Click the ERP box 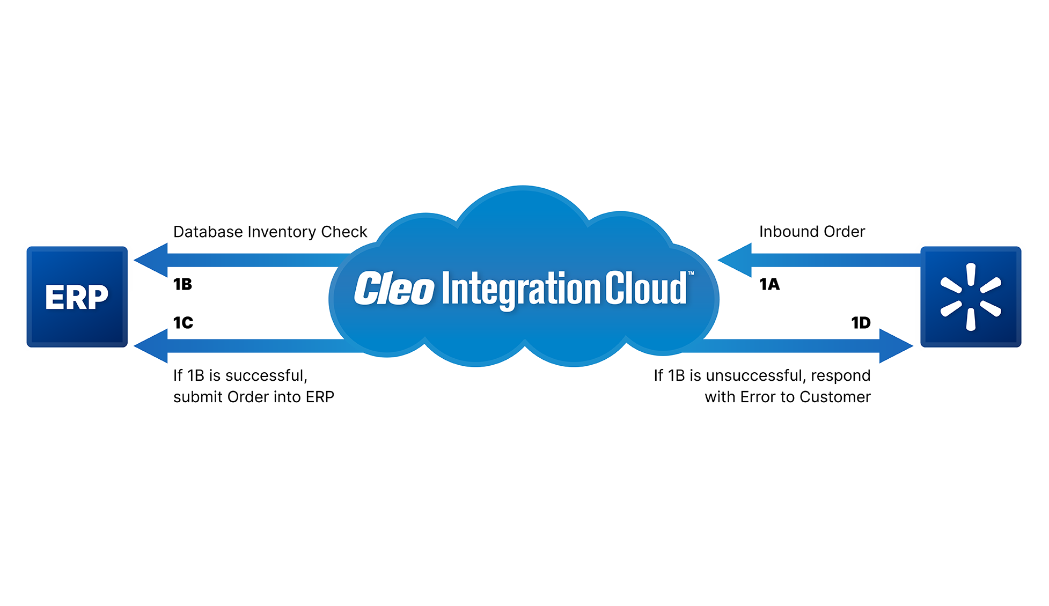point(77,297)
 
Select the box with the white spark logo point(971,297)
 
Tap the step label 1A point(769,284)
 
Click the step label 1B point(182,284)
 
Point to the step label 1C point(183,323)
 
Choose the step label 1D point(861,323)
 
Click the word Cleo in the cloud point(394,289)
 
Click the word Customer point(835,397)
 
